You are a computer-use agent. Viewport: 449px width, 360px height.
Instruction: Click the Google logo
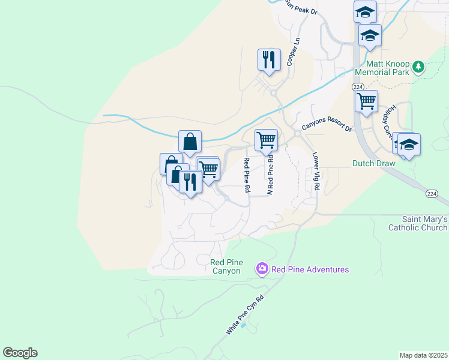point(20,353)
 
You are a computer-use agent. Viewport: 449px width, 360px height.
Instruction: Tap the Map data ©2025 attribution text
point(423,355)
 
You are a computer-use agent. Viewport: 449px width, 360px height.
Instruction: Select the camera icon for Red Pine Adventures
point(262,269)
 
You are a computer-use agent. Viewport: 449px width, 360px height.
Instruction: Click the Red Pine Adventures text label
point(310,269)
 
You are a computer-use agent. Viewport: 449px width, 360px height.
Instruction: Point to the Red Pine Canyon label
point(226,266)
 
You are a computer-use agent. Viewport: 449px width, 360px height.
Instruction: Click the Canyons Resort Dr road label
point(326,124)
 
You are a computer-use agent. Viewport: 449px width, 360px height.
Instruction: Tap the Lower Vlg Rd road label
point(316,171)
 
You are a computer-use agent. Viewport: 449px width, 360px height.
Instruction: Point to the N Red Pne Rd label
point(270,175)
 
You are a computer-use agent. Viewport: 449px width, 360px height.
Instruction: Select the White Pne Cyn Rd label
point(245,314)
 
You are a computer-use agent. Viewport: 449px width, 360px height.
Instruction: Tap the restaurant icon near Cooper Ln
point(268,59)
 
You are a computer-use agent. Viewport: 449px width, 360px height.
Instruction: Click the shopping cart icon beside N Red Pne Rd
point(266,140)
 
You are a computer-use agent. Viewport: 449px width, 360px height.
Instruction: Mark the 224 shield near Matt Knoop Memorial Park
point(358,87)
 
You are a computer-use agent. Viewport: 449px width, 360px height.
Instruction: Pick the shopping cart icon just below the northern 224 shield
point(366,101)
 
